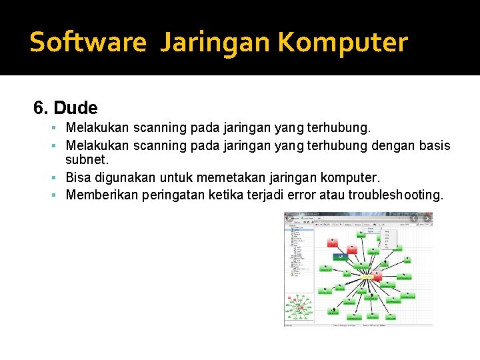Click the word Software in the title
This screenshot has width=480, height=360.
[87, 42]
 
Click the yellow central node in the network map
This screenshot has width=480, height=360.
[366, 274]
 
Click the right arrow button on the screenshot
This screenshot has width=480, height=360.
[427, 218]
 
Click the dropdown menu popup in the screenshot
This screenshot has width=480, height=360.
[387, 239]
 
